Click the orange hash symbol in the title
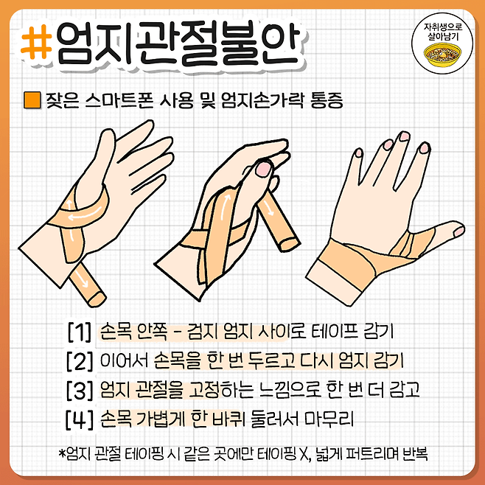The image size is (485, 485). click(36, 42)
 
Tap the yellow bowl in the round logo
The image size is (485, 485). click(443, 55)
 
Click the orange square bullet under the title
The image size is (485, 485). click(32, 100)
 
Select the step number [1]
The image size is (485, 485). click(80, 332)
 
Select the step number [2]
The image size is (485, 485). click(80, 360)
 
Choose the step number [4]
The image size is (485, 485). click(80, 419)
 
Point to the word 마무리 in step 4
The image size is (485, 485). click(329, 419)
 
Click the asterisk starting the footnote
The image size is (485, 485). click(62, 453)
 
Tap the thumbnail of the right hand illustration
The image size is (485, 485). click(459, 231)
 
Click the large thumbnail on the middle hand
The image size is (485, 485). click(264, 169)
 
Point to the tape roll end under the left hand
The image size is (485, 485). click(97, 299)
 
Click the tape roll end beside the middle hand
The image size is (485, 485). click(290, 245)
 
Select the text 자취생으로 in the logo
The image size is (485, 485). click(443, 27)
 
